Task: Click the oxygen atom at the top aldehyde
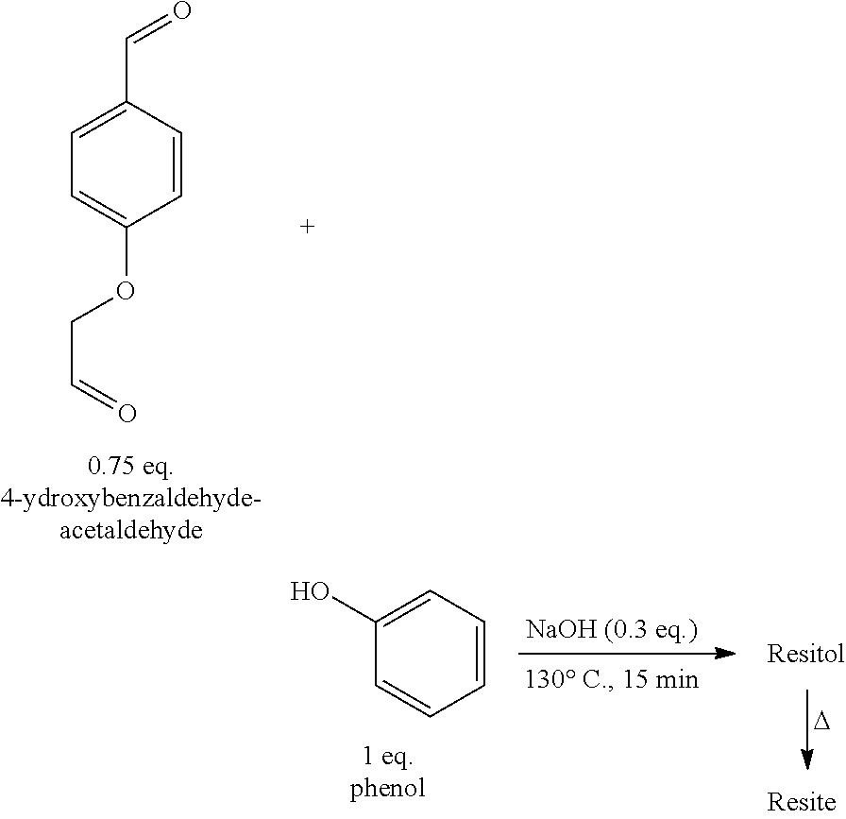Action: point(182,12)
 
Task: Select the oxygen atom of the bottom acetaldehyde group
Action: point(127,413)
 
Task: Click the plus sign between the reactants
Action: point(307,227)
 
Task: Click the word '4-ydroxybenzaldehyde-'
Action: point(131,498)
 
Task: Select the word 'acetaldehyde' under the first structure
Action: point(131,530)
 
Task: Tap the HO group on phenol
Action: point(311,592)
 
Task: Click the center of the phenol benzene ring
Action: point(431,654)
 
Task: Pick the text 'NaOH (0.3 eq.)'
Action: point(612,630)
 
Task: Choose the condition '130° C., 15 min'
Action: point(612,678)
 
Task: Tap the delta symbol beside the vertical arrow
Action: point(822,723)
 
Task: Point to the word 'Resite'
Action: point(802,802)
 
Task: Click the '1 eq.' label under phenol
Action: point(388,756)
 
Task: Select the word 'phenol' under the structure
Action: point(388,788)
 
